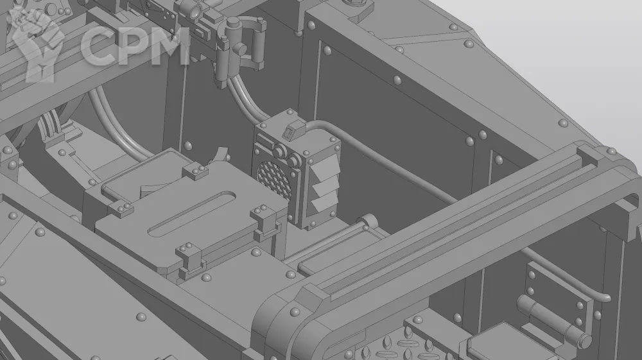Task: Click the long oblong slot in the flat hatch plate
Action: (191, 214)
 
